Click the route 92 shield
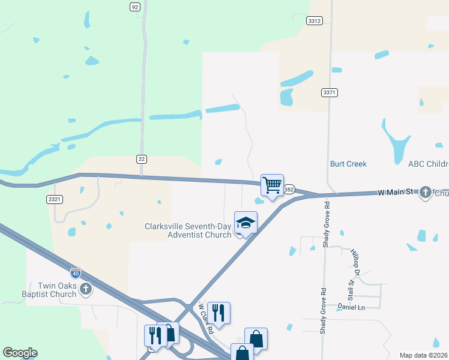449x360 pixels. [x=134, y=7]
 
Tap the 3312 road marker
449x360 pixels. [x=314, y=20]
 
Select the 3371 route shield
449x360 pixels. [x=329, y=92]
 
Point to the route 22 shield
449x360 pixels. [x=141, y=158]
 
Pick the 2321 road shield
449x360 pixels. [x=55, y=199]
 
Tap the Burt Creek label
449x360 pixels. [x=348, y=164]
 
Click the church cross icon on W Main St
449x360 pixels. [x=426, y=193]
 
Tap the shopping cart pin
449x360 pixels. [x=272, y=185]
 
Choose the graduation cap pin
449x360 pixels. [x=246, y=223]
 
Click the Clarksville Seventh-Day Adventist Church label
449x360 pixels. [x=188, y=230]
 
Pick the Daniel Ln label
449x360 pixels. [x=352, y=307]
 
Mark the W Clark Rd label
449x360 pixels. [x=206, y=318]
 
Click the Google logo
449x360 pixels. [x=20, y=353]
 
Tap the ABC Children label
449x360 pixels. [x=428, y=164]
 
